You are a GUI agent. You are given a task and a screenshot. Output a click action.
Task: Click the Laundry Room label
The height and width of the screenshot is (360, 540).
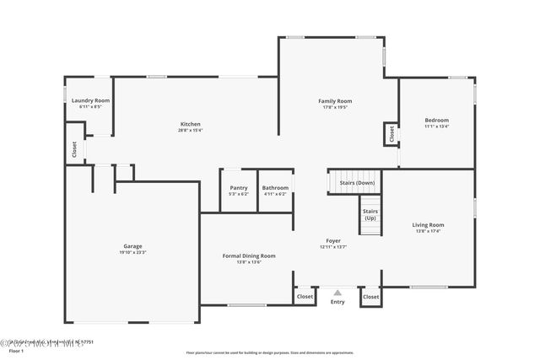coord(90,100)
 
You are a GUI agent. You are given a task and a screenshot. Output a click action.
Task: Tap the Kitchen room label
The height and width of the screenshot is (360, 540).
coord(190,123)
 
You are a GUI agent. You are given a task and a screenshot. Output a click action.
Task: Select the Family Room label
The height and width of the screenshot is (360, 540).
coord(335,101)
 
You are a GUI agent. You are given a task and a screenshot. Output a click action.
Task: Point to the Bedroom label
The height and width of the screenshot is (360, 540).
coord(436,121)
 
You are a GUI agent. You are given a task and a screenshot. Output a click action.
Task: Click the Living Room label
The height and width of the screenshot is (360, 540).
coord(428,225)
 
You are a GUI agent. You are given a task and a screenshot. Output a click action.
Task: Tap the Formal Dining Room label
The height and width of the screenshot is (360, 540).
coord(249,255)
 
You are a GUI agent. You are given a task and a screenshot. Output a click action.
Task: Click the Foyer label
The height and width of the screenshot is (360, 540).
coord(334,241)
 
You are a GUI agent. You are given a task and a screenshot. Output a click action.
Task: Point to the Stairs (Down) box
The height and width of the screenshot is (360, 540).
coord(357,183)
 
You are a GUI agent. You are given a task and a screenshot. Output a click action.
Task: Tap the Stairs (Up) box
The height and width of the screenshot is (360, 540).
coord(370,214)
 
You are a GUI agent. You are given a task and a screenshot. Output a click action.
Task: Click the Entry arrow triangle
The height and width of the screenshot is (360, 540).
coord(337,293)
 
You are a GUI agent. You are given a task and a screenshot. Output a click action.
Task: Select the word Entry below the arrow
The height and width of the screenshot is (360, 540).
coord(337,302)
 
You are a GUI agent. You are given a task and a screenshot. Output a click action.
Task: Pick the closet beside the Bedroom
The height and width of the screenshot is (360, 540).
coord(391,133)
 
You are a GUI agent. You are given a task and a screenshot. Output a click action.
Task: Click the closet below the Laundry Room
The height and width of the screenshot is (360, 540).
coord(74,149)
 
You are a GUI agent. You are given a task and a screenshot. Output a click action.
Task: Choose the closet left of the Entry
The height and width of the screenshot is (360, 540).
coord(305,297)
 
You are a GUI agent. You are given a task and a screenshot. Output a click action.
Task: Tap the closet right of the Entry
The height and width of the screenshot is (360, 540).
coord(370,297)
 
